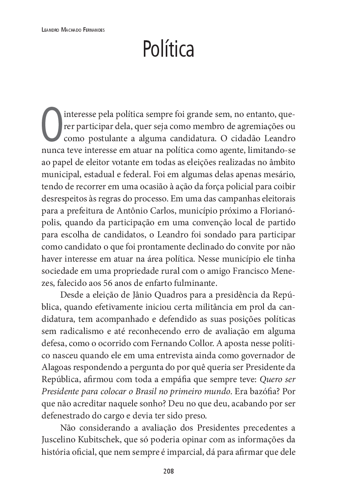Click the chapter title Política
pos(168,49)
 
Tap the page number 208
pos(168,471)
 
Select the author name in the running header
pos(73,30)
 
